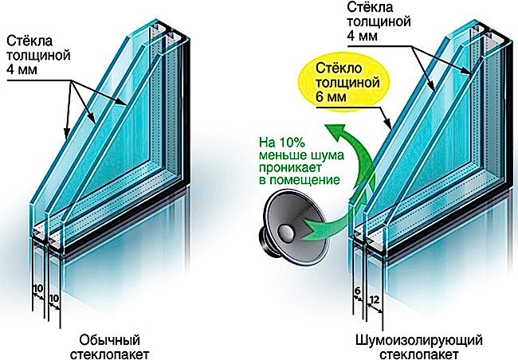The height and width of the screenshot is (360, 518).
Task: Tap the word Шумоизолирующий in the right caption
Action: [x=419, y=340]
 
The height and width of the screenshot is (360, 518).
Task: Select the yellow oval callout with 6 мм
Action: [x=343, y=82]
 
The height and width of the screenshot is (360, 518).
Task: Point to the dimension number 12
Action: [x=375, y=299]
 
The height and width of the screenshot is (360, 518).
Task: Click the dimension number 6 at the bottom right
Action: [x=357, y=291]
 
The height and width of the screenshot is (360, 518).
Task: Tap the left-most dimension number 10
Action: [x=38, y=288]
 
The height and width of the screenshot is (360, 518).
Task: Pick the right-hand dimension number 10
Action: [x=54, y=299]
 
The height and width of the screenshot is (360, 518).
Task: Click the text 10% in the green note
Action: [x=292, y=143]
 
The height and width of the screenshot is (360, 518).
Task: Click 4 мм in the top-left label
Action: [x=22, y=70]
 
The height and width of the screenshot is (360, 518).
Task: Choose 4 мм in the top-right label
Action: [x=362, y=36]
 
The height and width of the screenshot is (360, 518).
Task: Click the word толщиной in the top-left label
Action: [x=38, y=56]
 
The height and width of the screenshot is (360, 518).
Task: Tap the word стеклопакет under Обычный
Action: [x=110, y=354]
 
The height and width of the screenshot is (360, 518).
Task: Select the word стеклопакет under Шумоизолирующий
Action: [x=419, y=354]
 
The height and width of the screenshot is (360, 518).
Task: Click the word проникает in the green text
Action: [x=290, y=168]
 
